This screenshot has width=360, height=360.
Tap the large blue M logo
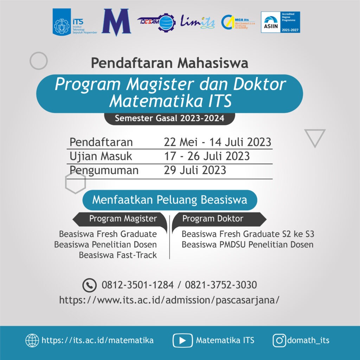tap(116, 22)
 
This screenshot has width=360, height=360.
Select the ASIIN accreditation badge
tap(280, 22)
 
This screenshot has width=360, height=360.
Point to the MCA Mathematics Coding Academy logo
tap(238, 22)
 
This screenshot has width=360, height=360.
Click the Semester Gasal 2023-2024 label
tap(169, 118)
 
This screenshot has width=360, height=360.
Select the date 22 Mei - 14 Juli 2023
tap(217, 142)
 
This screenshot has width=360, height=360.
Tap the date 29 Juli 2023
tap(195, 170)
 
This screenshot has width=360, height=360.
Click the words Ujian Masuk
tap(101, 156)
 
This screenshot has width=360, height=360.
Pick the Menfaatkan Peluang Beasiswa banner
tap(169, 200)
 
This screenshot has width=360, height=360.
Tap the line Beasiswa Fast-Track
tap(118, 255)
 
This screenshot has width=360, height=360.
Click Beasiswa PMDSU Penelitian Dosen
tap(247, 244)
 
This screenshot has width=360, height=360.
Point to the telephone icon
tap(89, 285)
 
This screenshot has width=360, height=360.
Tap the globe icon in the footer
tap(32, 340)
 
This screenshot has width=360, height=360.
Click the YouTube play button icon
tap(182, 340)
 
